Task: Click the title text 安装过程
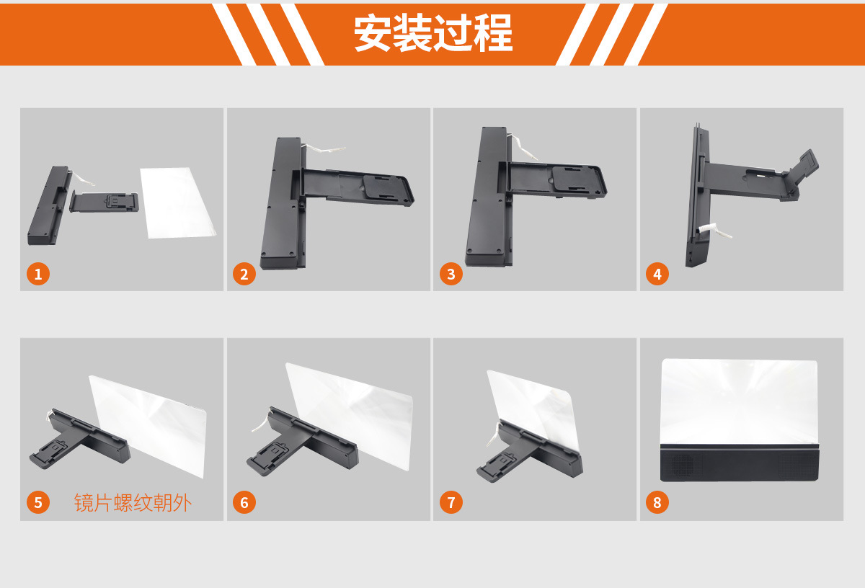(433, 33)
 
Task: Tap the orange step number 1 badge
(38, 274)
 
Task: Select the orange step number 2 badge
(244, 274)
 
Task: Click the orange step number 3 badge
(451, 274)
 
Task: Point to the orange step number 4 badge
(657, 274)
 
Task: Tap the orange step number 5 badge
(38, 502)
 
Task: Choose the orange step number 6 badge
(244, 502)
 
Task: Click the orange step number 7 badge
(451, 502)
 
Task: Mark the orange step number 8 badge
(657, 502)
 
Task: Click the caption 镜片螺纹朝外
(133, 503)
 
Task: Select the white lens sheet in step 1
(177, 202)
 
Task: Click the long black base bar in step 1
(48, 205)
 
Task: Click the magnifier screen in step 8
(739, 401)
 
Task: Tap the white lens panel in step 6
(350, 414)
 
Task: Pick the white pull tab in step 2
(322, 149)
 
